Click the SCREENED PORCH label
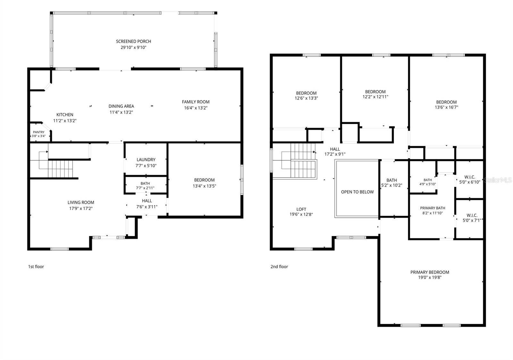coord(133,41)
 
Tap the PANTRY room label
coord(39,132)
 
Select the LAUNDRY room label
coord(146,160)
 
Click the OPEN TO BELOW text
coord(357,192)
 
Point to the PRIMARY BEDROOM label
coord(430,272)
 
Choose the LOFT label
coord(301,209)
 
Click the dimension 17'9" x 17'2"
coord(81,208)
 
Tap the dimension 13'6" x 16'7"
coord(446,107)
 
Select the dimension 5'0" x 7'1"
coord(472,220)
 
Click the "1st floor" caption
coord(36,267)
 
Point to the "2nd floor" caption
coord(279,267)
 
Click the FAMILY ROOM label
coord(196,102)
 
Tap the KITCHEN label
coord(65,115)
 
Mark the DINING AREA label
coord(121,106)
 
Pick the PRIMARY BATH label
coord(433,208)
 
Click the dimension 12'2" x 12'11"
coord(375,97)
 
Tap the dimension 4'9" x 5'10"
coord(428,184)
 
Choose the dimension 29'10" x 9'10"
coord(133,47)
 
